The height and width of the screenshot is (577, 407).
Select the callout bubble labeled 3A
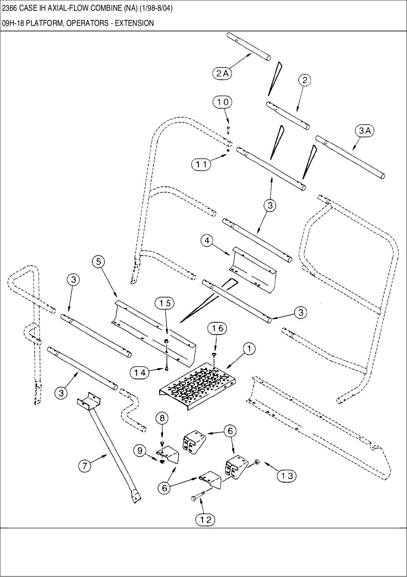click(x=364, y=131)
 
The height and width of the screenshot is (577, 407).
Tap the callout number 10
click(x=223, y=102)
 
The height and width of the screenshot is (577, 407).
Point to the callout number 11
click(x=202, y=164)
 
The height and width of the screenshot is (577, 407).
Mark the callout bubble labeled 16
click(x=217, y=328)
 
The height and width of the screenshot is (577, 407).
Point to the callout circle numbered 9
click(x=140, y=451)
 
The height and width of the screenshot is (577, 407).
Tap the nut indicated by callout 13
click(x=256, y=462)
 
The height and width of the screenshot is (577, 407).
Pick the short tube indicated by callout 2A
click(x=249, y=47)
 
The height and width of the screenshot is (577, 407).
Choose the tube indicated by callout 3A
click(x=350, y=157)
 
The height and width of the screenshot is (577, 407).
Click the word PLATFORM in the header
click(x=47, y=23)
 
